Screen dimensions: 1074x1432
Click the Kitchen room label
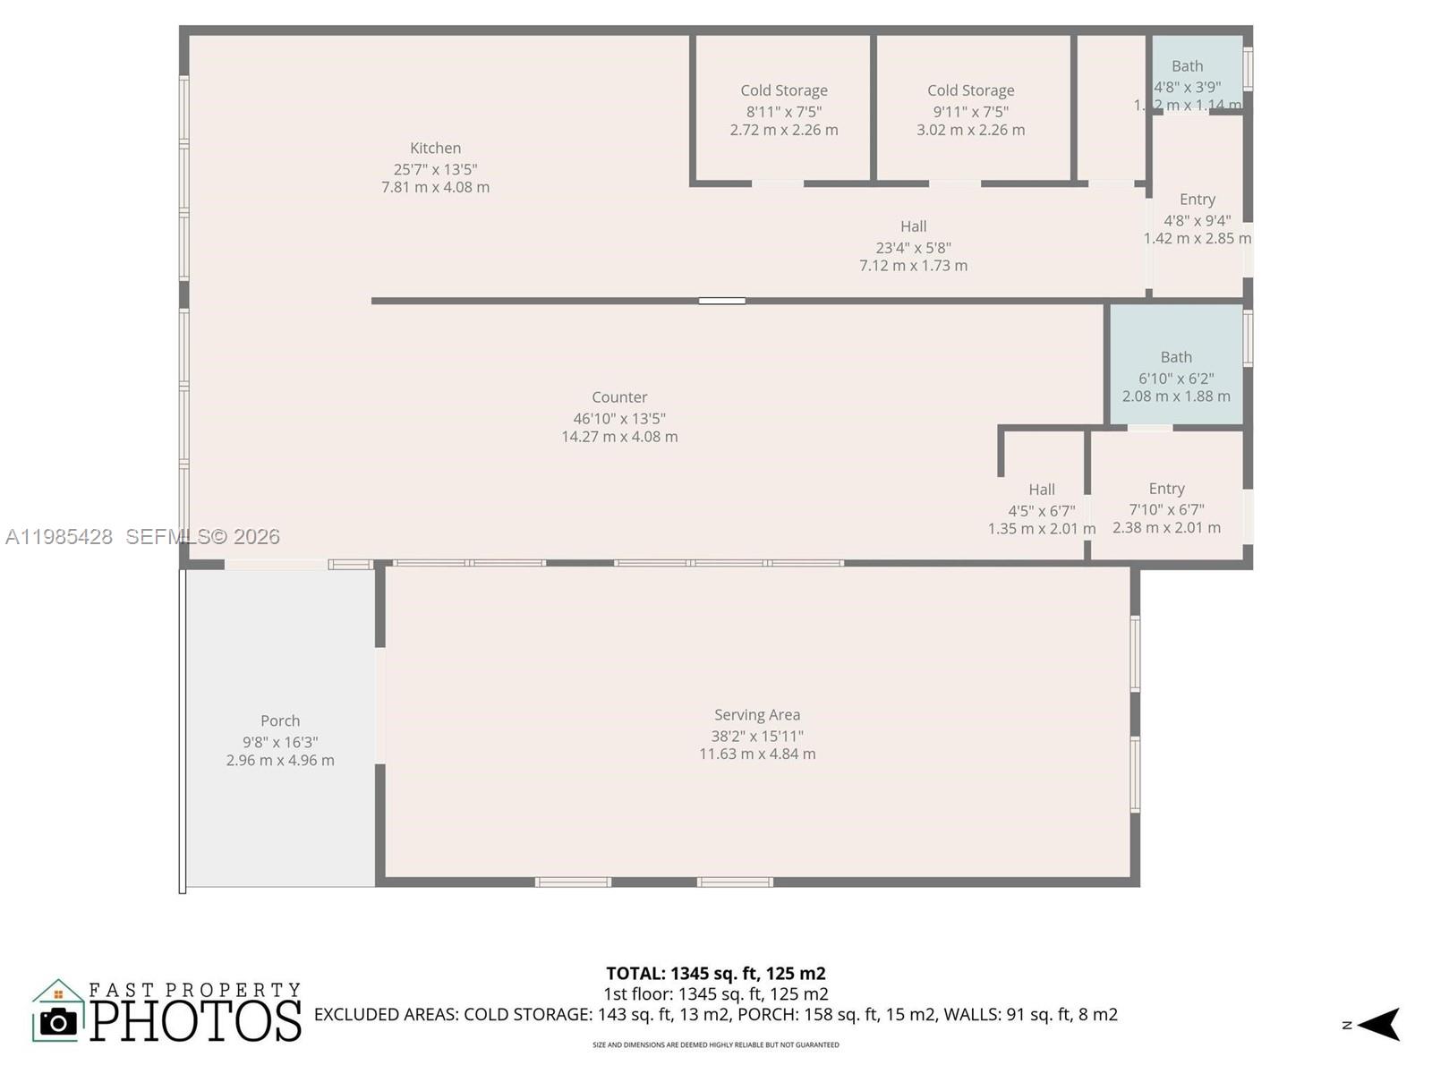(x=435, y=149)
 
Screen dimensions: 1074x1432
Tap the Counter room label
(x=619, y=397)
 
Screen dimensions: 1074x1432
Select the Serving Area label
(x=757, y=715)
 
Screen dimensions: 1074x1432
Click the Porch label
(x=280, y=721)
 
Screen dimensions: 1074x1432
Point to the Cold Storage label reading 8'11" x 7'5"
(x=784, y=90)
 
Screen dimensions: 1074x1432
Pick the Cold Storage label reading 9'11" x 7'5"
(x=970, y=90)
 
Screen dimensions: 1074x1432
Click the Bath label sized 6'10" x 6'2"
(x=1176, y=357)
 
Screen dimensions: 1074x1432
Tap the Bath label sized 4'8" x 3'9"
(x=1187, y=66)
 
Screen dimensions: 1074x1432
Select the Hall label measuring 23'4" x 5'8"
(x=913, y=227)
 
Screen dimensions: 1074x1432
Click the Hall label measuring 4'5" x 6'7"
(x=1041, y=490)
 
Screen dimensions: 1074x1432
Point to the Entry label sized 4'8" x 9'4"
(x=1197, y=200)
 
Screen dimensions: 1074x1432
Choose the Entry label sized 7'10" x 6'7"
(x=1166, y=489)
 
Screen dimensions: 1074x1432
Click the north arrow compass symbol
(x=1378, y=1024)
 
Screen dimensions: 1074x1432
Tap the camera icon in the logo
(x=59, y=1021)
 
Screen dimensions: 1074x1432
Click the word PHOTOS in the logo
(x=196, y=1021)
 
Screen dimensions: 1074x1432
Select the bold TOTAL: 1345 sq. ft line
(x=715, y=974)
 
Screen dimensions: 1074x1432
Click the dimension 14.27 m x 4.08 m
(x=619, y=437)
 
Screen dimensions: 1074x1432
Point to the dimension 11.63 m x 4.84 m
(x=757, y=754)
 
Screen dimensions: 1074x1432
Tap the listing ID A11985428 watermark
(x=59, y=537)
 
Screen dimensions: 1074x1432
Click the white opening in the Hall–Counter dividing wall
(x=721, y=301)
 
